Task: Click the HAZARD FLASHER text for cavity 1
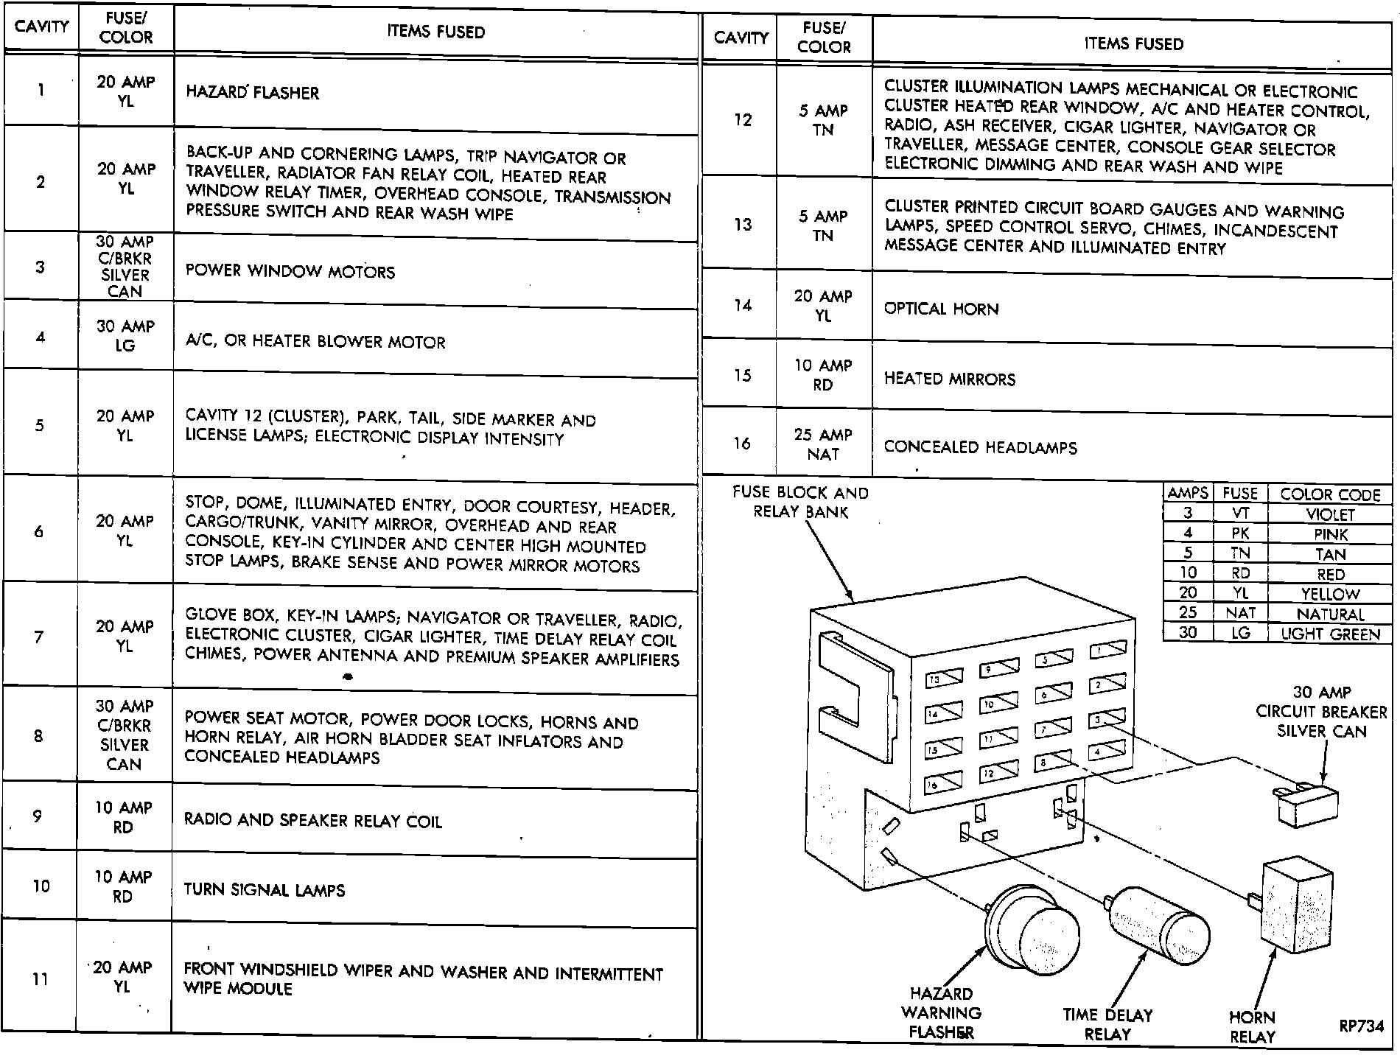click(x=252, y=93)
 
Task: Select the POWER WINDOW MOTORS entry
click(x=290, y=271)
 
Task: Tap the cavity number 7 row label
click(x=39, y=637)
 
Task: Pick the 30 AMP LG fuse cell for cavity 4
click(x=125, y=336)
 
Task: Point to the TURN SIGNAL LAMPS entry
click(x=264, y=890)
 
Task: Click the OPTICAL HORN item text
click(x=941, y=309)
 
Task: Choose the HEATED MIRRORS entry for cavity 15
click(x=949, y=379)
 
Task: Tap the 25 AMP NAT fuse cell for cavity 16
click(x=823, y=444)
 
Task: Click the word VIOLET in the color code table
click(x=1330, y=514)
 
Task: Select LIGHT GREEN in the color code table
click(x=1330, y=634)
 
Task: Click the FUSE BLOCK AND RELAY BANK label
click(x=800, y=502)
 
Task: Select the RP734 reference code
click(x=1362, y=1026)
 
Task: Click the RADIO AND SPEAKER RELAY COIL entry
click(x=312, y=821)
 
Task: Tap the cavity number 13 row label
click(x=742, y=224)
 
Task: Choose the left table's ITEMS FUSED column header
click(x=435, y=32)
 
